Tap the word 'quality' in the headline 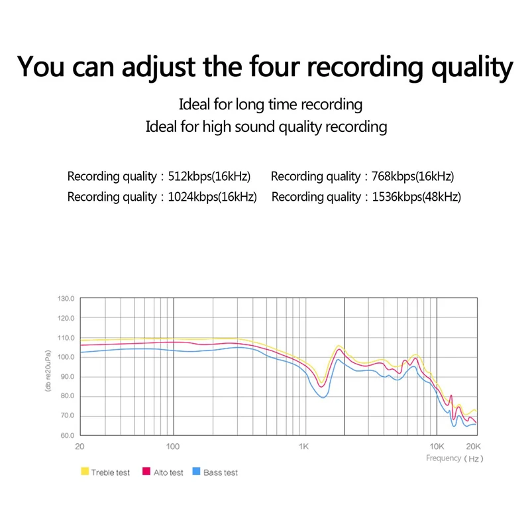pos(461,68)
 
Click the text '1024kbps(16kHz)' pos(213,197)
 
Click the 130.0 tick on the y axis pos(67,299)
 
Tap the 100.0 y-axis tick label pos(67,357)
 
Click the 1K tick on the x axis pos(303,446)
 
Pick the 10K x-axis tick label pos(436,446)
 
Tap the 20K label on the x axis pos(472,446)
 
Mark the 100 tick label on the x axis pos(173,446)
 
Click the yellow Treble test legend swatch pos(84,472)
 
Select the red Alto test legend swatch pos(147,472)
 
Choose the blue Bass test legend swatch pos(196,472)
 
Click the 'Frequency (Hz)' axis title pos(454,458)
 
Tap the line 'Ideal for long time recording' pos(270,105)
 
